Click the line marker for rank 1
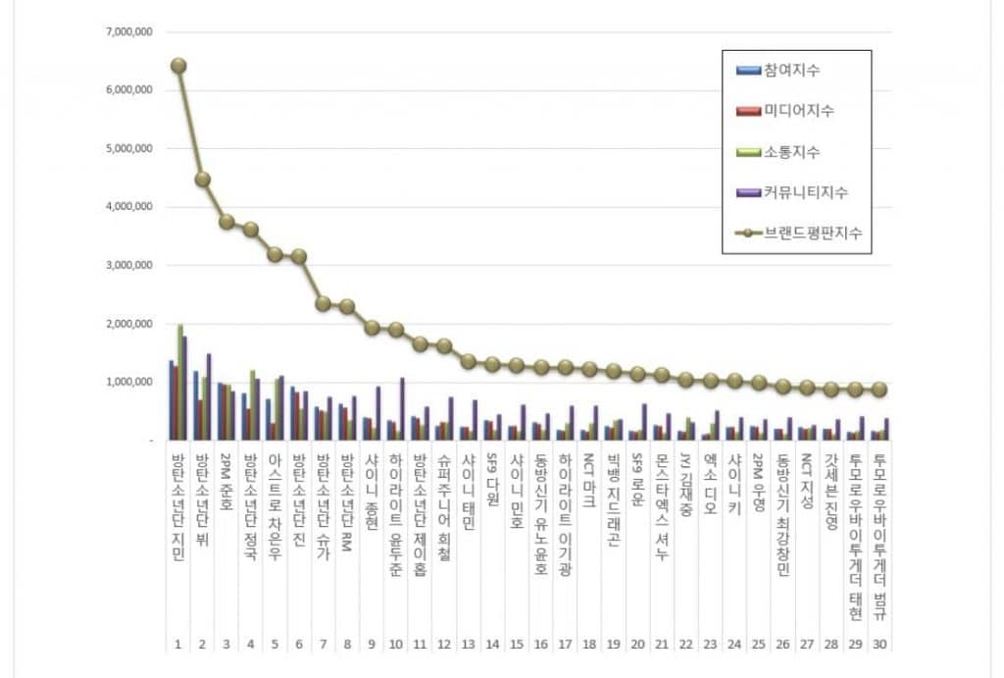[178, 66]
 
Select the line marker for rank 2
[203, 180]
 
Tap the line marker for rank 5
[276, 254]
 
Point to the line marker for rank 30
[879, 390]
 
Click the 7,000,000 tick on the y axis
[128, 32]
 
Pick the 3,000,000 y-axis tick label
[128, 265]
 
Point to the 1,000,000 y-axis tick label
[128, 382]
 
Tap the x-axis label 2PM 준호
[226, 482]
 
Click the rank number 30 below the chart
[879, 645]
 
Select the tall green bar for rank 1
[180, 383]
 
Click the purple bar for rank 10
[402, 409]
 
